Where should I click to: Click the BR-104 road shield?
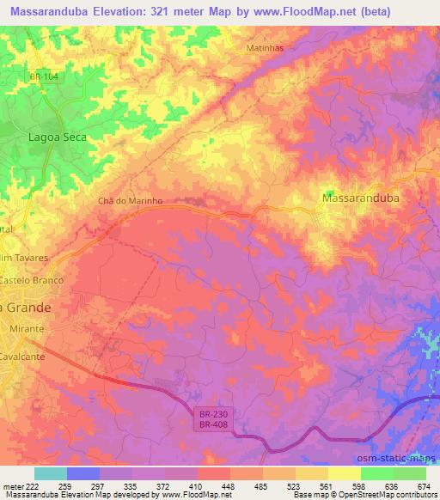pyautogui.click(x=45, y=77)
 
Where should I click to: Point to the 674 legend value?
pyautogui.click(x=425, y=486)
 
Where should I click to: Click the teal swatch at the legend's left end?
pyautogui.click(x=51, y=473)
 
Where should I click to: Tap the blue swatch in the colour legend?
pyautogui.click(x=83, y=473)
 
